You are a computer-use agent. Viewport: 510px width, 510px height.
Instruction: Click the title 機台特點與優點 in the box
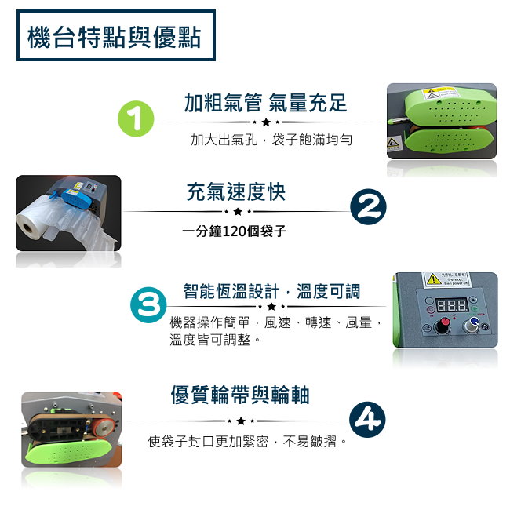coord(115,36)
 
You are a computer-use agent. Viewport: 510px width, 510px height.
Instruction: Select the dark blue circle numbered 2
coord(367,207)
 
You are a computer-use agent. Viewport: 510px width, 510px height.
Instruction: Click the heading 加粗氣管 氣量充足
coord(265,103)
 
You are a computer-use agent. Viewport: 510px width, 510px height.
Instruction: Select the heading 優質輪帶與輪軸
coord(245,395)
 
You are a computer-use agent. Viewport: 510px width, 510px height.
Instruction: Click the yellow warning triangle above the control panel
coord(432,279)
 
